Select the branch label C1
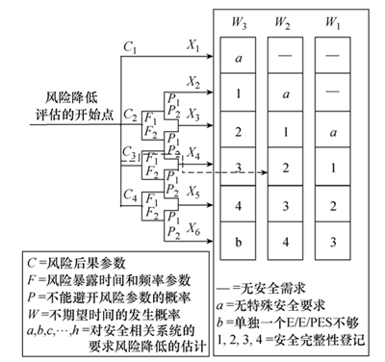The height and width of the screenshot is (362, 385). coord(129,44)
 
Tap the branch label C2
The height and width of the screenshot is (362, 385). coord(131,114)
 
